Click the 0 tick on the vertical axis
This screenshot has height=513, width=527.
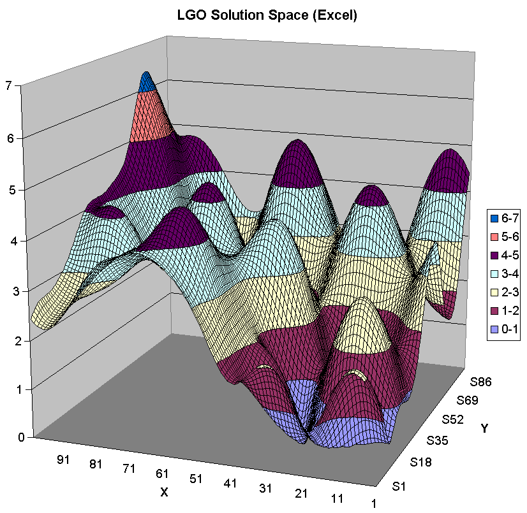coord(10,437)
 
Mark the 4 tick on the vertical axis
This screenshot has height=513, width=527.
coord(10,241)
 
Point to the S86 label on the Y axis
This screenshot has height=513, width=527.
coord(482,382)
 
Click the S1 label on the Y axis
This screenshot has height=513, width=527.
coord(400,488)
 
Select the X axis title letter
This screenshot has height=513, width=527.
coord(164,492)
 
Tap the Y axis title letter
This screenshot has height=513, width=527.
coord(486,428)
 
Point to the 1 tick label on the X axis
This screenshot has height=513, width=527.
coord(374,503)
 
